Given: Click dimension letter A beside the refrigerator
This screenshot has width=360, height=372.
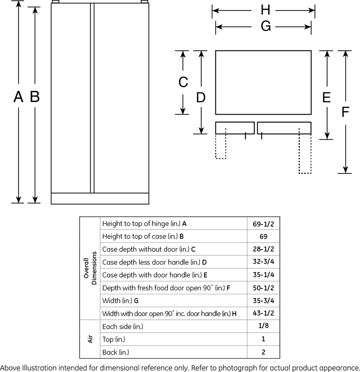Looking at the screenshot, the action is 18,97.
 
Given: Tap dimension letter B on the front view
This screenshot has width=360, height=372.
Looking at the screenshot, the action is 35,97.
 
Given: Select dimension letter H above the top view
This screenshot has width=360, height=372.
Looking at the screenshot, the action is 266,10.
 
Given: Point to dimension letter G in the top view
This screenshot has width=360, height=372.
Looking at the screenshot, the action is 266,26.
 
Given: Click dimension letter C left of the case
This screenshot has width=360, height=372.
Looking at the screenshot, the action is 183,82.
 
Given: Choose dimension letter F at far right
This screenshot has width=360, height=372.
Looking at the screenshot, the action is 345,112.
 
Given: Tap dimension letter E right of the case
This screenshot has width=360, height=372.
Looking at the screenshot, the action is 327,97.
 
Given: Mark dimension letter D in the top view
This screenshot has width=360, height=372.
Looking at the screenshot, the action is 201,97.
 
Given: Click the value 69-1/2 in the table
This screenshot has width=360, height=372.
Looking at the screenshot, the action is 263,224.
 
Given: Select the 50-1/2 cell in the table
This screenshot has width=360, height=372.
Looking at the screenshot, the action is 263,288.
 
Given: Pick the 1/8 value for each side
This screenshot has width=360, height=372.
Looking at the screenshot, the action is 263,326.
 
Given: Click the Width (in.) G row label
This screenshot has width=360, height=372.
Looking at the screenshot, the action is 120,301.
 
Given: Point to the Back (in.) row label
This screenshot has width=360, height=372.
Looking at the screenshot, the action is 116,352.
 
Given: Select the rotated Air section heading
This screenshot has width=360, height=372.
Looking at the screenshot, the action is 90,339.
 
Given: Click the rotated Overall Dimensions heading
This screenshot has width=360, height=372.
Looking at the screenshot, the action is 90,268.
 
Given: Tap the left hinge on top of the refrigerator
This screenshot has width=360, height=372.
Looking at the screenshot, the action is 56,2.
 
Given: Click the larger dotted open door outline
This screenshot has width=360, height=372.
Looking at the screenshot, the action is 305,151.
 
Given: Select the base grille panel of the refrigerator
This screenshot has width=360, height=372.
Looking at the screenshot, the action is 100,199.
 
